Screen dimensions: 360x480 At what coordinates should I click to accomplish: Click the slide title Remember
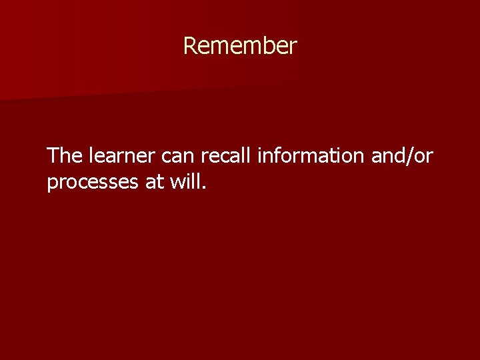(x=240, y=46)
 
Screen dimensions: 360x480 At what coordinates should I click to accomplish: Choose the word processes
(x=93, y=182)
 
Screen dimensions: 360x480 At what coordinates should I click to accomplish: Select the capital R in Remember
(x=189, y=46)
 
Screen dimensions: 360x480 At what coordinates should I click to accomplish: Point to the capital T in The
(x=53, y=156)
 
